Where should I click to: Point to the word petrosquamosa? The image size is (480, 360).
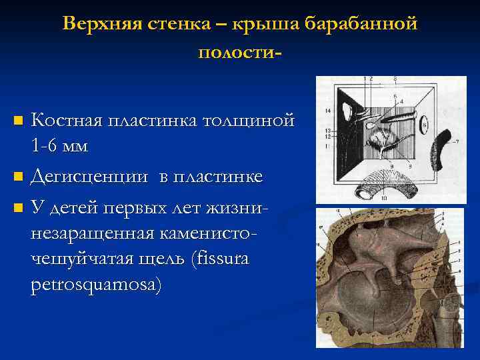95,284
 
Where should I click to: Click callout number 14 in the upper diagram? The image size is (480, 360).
327,109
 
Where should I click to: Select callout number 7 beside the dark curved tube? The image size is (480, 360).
457,141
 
